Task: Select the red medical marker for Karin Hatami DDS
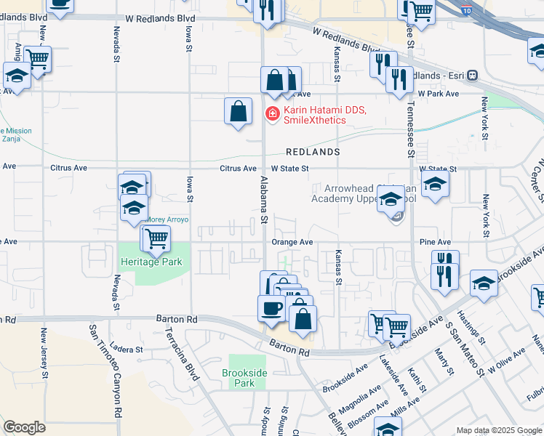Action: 272,114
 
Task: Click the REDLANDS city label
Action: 313,153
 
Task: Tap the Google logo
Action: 25,427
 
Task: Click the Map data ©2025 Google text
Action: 498,430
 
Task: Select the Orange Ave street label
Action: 292,242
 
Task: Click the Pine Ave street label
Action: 435,242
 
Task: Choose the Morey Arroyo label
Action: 167,219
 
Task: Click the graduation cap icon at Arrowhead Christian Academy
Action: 391,198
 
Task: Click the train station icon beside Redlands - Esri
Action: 472,75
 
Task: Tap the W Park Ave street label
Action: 439,94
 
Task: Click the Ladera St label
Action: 128,350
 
